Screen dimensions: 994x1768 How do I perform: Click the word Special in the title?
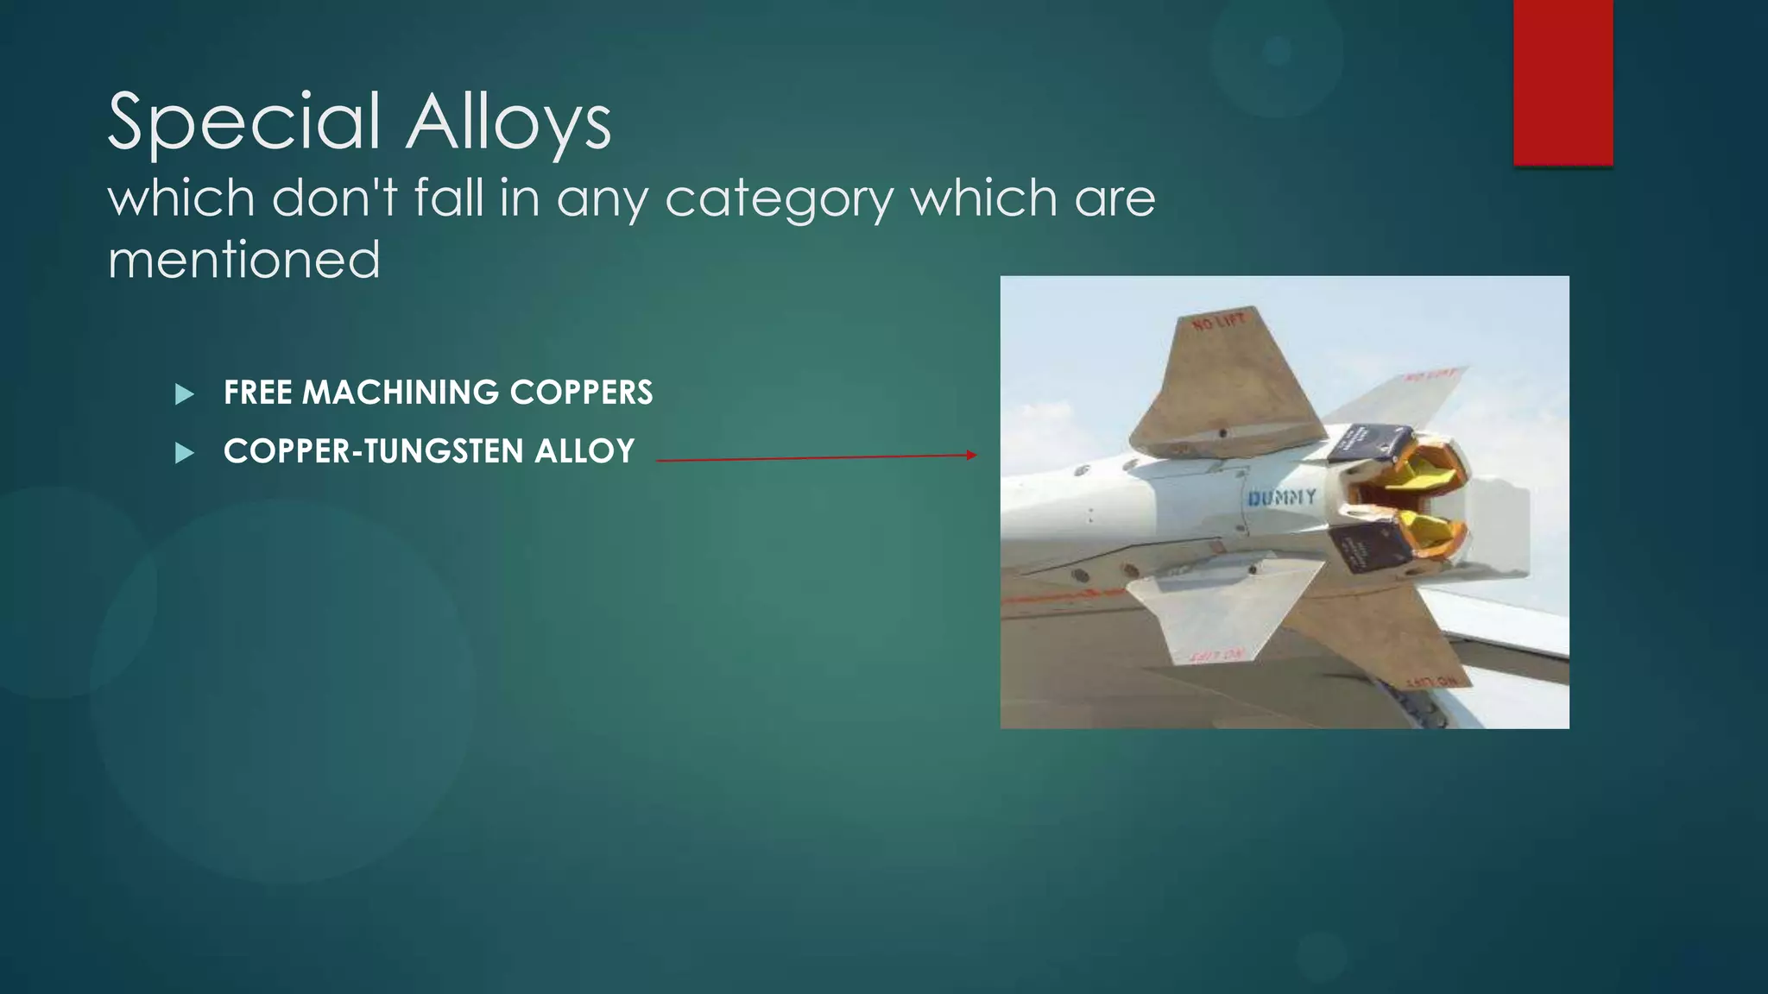(244, 123)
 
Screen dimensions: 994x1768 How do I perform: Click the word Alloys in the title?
(509, 123)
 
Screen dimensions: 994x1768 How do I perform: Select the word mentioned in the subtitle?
(244, 260)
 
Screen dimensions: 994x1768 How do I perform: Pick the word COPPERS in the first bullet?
(581, 393)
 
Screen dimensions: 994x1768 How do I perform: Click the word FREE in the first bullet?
(257, 393)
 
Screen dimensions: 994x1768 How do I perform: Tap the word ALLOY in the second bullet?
(584, 451)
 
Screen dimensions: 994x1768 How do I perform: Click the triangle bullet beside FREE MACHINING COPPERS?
(184, 394)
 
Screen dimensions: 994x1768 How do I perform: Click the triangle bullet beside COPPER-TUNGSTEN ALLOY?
(184, 453)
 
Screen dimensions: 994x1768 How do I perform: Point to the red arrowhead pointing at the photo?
(972, 455)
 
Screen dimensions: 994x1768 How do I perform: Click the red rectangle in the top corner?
(1563, 82)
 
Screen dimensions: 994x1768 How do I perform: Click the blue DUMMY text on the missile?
(1282, 498)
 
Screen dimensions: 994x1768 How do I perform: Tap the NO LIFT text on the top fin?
(1219, 323)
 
